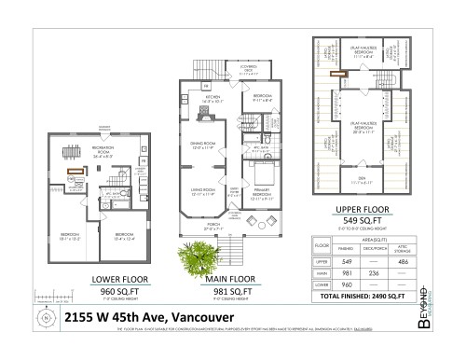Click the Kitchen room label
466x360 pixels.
[x=214, y=96]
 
